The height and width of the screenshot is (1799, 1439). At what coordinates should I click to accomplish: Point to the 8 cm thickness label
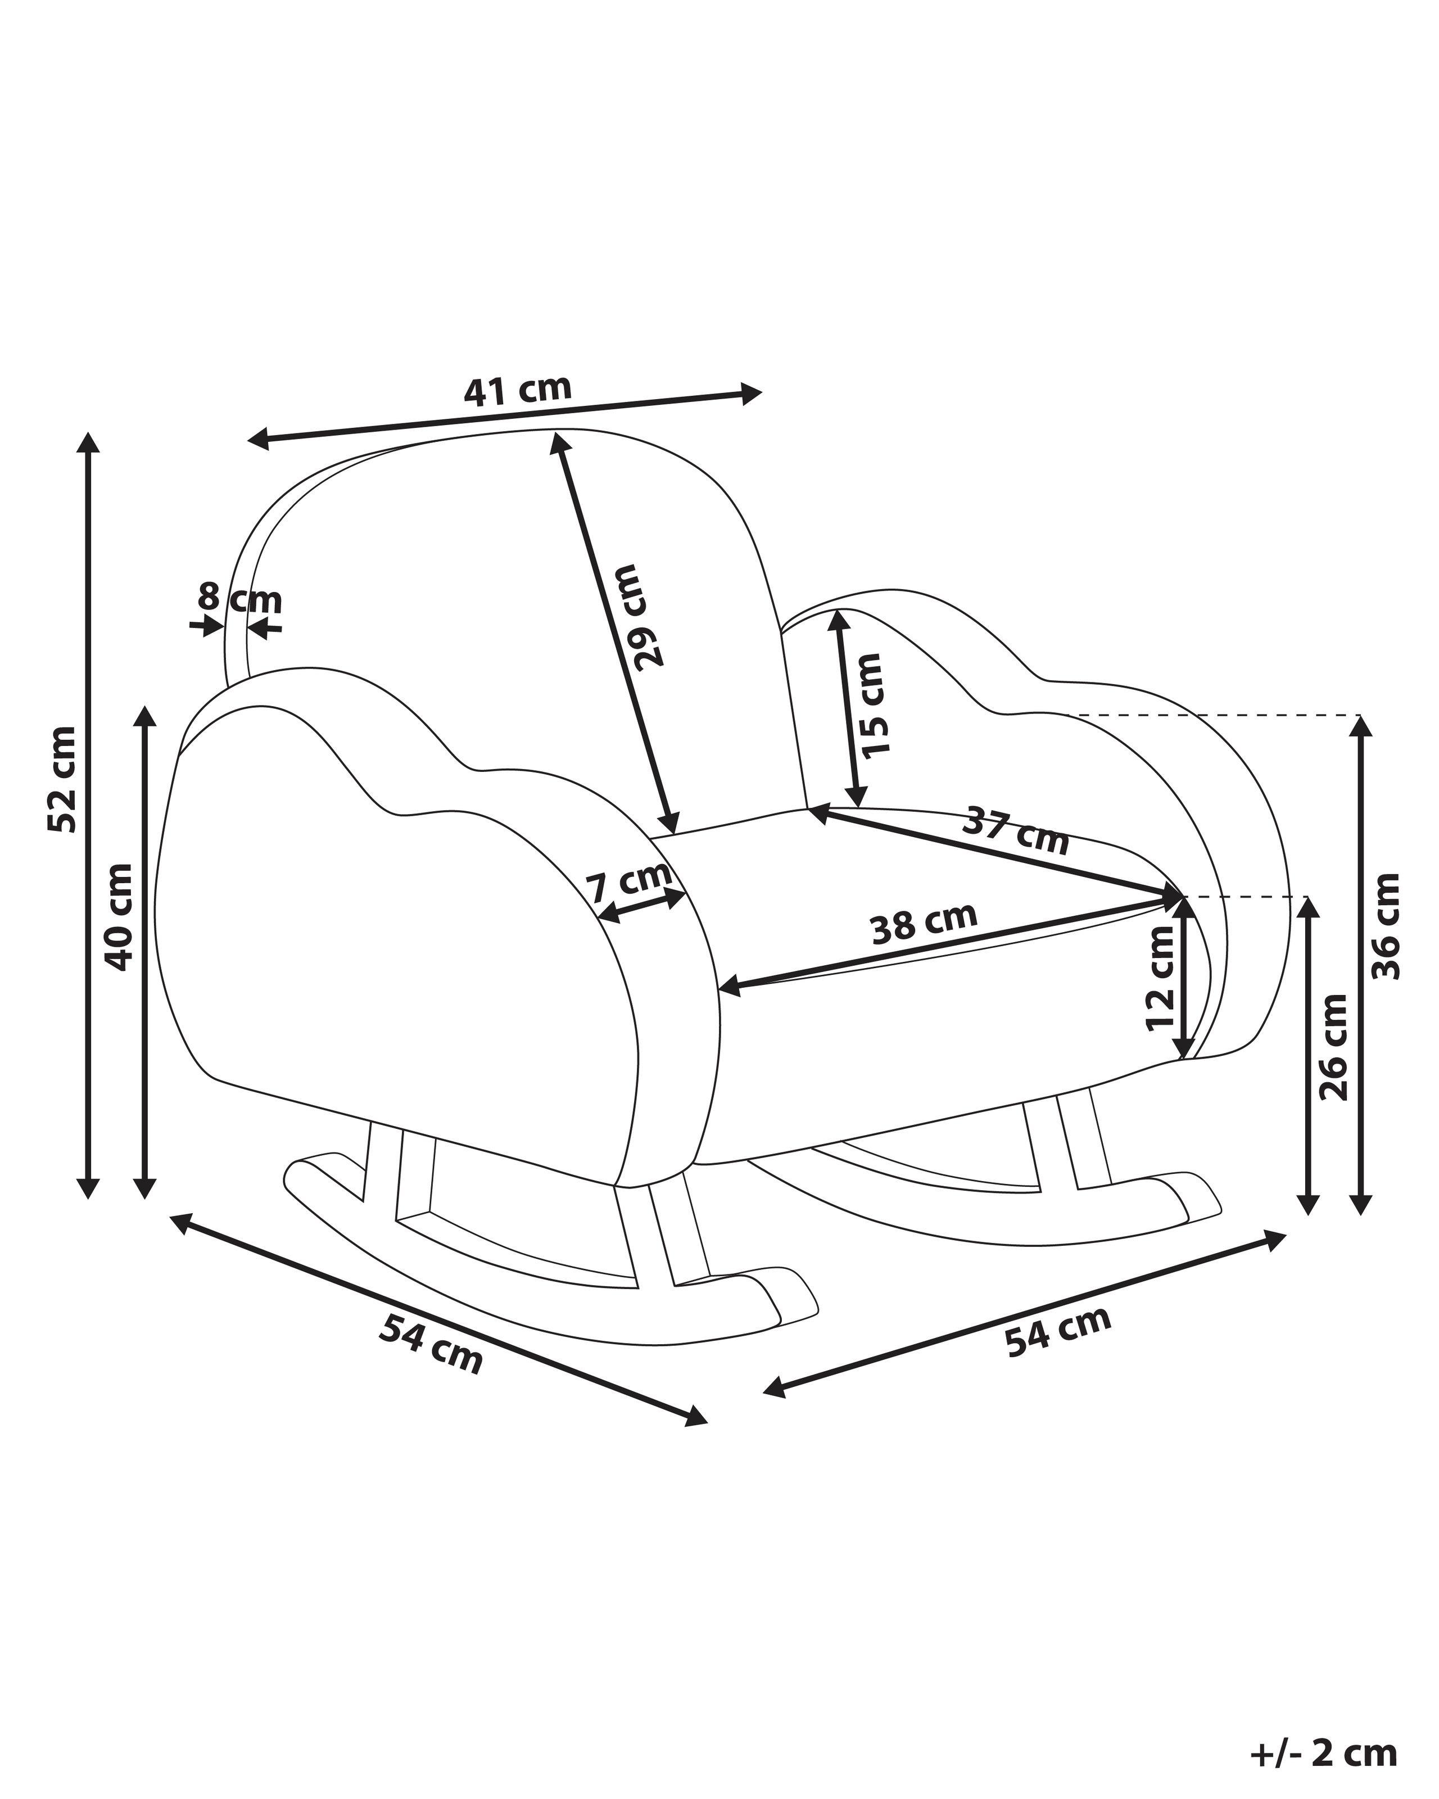(x=239, y=599)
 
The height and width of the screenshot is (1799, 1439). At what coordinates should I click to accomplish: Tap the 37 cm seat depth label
(x=1015, y=831)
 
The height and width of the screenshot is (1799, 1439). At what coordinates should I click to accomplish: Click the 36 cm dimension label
(x=1386, y=926)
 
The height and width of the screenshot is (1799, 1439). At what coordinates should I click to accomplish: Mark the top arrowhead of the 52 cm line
(x=88, y=442)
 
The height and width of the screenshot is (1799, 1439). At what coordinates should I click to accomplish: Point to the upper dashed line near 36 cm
(x=1210, y=715)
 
